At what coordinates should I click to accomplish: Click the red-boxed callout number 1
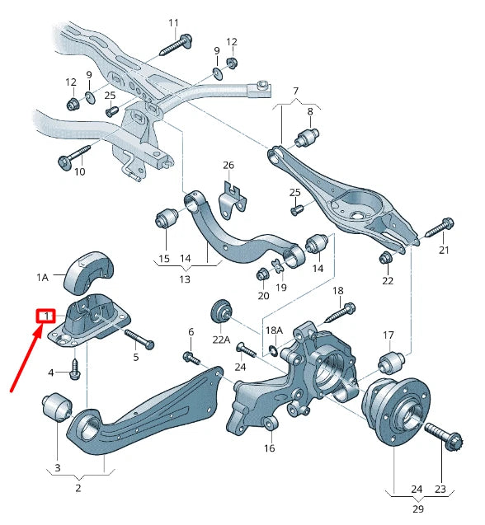click(x=45, y=316)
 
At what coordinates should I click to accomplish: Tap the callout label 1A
click(x=44, y=278)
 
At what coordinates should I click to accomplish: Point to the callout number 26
click(x=228, y=165)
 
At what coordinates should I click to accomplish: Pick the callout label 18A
click(x=274, y=330)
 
